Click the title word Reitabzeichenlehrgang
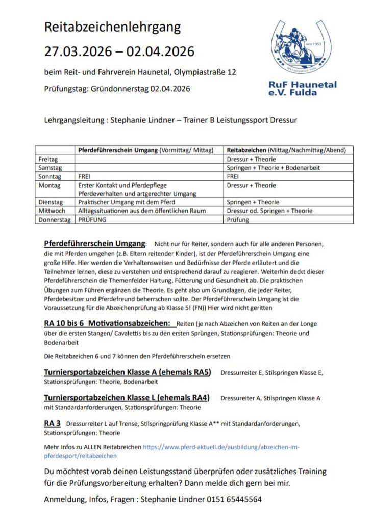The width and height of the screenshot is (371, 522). [112, 27]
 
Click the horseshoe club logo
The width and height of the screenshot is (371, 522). [299, 48]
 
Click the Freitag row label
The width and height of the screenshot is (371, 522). [48, 160]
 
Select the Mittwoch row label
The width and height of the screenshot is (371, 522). [51, 211]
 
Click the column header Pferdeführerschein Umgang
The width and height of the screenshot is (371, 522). [117, 150]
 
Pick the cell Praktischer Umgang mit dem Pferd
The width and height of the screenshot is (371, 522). [123, 202]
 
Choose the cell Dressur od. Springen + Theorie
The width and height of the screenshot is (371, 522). [269, 211]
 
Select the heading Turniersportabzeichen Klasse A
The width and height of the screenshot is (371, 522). [128, 372]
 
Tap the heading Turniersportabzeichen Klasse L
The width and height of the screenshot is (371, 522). [127, 398]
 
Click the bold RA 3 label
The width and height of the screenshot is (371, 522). [53, 423]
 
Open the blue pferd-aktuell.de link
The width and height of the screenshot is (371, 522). [221, 447]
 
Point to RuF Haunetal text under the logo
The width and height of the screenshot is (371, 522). [303, 84]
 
